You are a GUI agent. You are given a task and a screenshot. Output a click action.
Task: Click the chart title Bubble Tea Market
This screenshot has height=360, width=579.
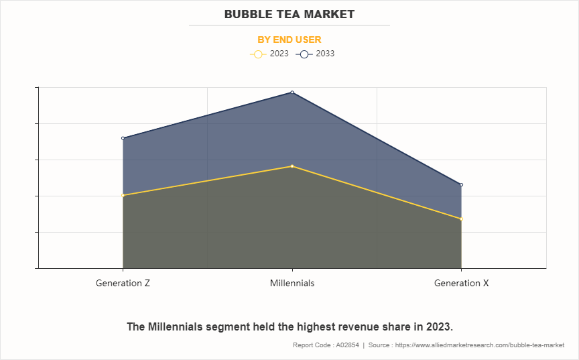point(289,14)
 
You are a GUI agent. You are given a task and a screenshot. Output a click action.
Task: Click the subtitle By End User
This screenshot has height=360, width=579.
point(289,40)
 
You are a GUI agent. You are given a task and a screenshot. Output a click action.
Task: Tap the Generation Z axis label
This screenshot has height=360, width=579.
point(123,283)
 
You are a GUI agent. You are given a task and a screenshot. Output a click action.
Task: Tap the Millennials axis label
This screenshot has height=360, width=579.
point(292,283)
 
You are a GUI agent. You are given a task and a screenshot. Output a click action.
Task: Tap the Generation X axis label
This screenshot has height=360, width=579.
point(462,283)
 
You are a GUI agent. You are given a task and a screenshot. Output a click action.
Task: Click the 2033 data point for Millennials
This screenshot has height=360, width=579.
point(292,93)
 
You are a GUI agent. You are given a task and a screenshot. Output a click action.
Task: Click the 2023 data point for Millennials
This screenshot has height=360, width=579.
point(292,166)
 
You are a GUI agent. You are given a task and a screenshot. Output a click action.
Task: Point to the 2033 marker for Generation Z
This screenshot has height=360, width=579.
point(123,138)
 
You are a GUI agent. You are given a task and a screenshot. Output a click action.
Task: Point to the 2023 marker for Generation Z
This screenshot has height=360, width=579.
point(123,195)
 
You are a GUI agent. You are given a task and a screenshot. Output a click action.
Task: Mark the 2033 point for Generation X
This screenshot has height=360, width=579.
point(462,184)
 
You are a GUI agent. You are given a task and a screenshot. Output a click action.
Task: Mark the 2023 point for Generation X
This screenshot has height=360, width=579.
point(462,219)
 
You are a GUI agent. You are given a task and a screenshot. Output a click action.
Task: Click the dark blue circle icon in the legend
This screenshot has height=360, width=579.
point(304,54)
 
